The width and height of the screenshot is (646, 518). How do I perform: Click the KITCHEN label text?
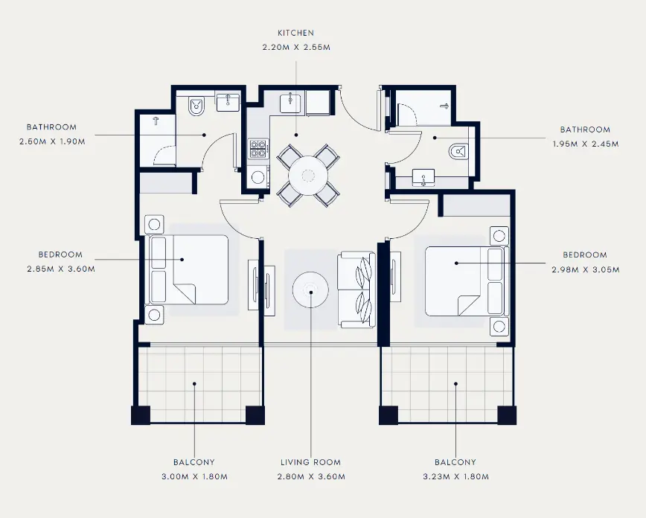pyautogui.click(x=295, y=33)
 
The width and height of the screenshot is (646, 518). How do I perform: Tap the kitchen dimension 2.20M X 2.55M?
pyautogui.click(x=296, y=48)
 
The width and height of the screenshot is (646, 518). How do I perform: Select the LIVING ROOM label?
pyautogui.click(x=310, y=462)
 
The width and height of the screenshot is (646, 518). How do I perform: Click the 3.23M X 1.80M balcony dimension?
pyautogui.click(x=455, y=477)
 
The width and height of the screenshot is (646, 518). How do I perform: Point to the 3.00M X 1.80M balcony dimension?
pyautogui.click(x=194, y=477)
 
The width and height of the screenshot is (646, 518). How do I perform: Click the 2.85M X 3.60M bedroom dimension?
pyautogui.click(x=61, y=269)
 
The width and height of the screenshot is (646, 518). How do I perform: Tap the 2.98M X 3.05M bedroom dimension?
pyautogui.click(x=586, y=270)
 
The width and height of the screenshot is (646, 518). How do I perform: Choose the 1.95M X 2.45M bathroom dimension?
pyautogui.click(x=586, y=144)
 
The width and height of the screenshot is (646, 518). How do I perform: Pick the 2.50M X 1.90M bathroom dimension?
pyautogui.click(x=52, y=141)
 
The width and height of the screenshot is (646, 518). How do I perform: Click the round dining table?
pyautogui.click(x=308, y=176)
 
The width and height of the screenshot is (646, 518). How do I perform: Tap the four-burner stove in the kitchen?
pyautogui.click(x=258, y=149)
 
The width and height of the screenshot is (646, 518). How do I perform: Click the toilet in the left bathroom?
pyautogui.click(x=196, y=106)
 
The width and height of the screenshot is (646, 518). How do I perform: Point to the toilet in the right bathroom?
pyautogui.click(x=459, y=152)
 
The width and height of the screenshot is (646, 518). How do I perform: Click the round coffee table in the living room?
pyautogui.click(x=310, y=290)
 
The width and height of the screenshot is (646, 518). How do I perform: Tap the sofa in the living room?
pyautogui.click(x=356, y=290)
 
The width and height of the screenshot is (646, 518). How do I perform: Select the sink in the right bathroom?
pyautogui.click(x=423, y=177)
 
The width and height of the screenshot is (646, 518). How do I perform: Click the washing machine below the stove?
pyautogui.click(x=258, y=177)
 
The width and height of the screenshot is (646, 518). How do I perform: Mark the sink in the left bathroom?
pyautogui.click(x=228, y=102)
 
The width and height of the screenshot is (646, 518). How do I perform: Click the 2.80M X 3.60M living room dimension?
pyautogui.click(x=311, y=477)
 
